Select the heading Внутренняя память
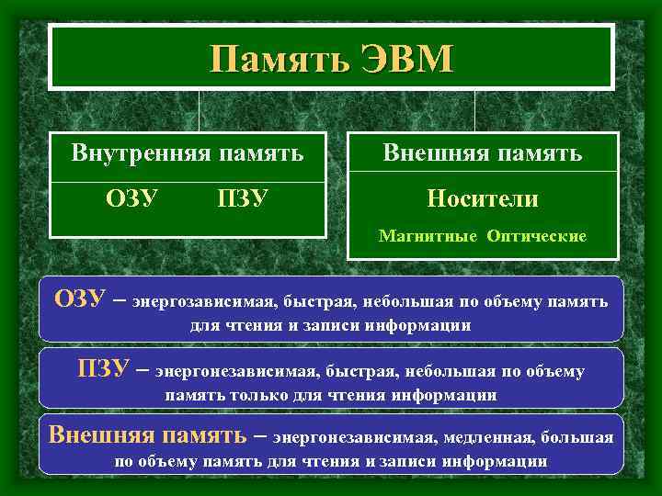[188, 153]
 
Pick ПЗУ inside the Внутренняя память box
[243, 198]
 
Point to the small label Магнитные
[428, 236]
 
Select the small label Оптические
[537, 236]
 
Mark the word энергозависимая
[202, 301]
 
